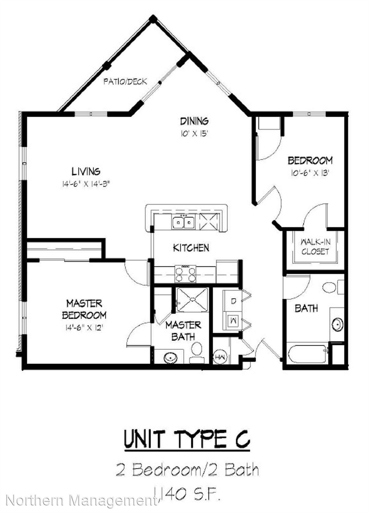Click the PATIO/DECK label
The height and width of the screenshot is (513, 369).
click(x=125, y=82)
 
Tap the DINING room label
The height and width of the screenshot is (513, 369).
click(x=194, y=121)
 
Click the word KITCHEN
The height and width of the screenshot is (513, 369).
click(x=191, y=248)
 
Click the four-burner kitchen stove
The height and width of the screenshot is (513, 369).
click(x=186, y=274)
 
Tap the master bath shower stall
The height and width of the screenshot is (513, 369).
click(x=193, y=300)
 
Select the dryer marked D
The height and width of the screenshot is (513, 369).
click(x=233, y=301)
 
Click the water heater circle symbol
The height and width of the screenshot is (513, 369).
click(x=219, y=357)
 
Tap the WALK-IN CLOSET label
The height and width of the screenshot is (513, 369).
click(x=315, y=247)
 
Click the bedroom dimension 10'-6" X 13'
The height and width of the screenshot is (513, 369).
click(x=310, y=173)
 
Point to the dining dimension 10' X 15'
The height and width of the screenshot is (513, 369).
click(x=194, y=133)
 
